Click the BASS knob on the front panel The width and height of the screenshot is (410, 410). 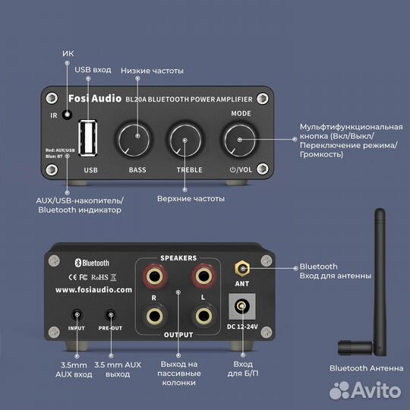point(136,137)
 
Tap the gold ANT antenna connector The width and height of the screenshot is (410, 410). point(242,268)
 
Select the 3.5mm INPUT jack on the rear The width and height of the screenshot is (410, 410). point(77,315)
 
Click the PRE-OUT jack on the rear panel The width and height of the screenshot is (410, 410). point(111,315)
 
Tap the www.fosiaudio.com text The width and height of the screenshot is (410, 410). point(93,289)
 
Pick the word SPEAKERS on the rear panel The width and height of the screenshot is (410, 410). point(178,258)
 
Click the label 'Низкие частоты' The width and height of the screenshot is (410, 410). point(157,70)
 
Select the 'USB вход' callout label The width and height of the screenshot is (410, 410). point(92,70)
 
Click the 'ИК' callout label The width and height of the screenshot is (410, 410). point(68,53)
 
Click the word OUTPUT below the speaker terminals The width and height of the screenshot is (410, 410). point(178,333)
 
